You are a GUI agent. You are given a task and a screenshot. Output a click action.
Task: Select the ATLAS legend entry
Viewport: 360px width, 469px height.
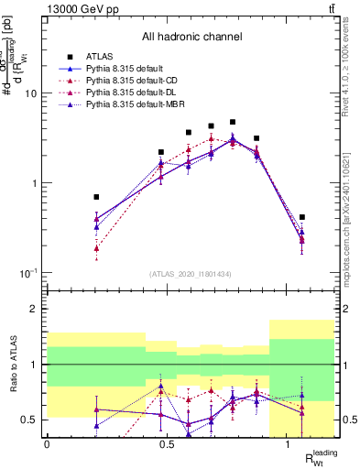click(x=110, y=58)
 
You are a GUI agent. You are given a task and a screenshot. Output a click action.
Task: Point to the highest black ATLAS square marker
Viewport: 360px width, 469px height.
click(x=233, y=122)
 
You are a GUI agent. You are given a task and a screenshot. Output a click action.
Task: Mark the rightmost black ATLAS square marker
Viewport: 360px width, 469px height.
click(x=302, y=218)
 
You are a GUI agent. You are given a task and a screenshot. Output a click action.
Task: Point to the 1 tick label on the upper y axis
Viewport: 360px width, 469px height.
click(x=33, y=183)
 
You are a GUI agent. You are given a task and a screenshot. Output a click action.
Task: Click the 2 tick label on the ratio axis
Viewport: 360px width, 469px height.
click(x=34, y=309)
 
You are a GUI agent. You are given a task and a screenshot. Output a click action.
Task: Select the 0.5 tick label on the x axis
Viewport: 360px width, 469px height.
click(x=168, y=444)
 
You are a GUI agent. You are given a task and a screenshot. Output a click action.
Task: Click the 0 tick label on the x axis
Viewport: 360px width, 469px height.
click(x=47, y=444)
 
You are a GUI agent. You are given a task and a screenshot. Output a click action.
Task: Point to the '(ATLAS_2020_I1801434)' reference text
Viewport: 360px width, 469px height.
click(x=191, y=275)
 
